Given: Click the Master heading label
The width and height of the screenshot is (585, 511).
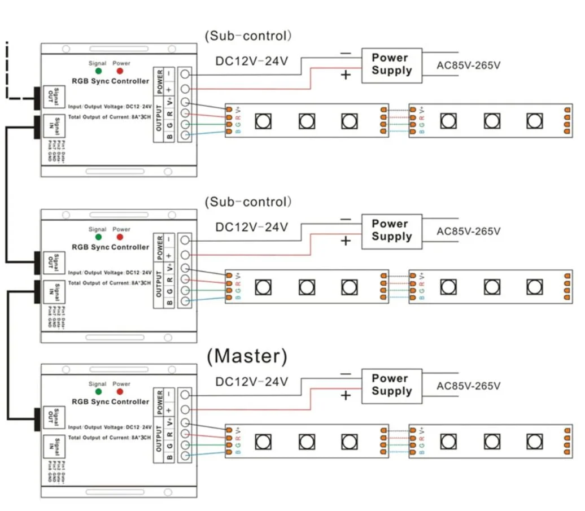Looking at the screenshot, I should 247,356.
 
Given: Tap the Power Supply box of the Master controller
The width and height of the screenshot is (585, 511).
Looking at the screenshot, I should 392,385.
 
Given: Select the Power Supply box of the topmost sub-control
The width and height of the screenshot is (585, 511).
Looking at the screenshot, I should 392,64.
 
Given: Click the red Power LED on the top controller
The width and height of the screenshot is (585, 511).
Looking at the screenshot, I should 120,72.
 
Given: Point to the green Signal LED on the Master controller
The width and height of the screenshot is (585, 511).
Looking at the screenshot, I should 98,392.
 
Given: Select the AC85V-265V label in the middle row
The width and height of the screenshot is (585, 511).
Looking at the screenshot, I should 469,231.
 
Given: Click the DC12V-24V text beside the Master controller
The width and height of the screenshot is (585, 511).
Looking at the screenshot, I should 252,382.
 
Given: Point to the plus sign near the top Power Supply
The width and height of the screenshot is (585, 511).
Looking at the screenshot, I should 346,75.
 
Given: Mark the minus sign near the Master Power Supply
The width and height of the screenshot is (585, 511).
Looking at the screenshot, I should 346,374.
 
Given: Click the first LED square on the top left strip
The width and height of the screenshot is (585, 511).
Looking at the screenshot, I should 263,120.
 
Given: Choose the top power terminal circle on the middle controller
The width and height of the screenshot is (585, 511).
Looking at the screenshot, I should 184,239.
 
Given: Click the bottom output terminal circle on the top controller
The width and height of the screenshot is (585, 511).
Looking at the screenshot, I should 184,135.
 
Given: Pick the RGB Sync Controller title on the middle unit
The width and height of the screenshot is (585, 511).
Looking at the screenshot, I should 111,247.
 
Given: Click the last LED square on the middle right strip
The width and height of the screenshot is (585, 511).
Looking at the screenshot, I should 534,286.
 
